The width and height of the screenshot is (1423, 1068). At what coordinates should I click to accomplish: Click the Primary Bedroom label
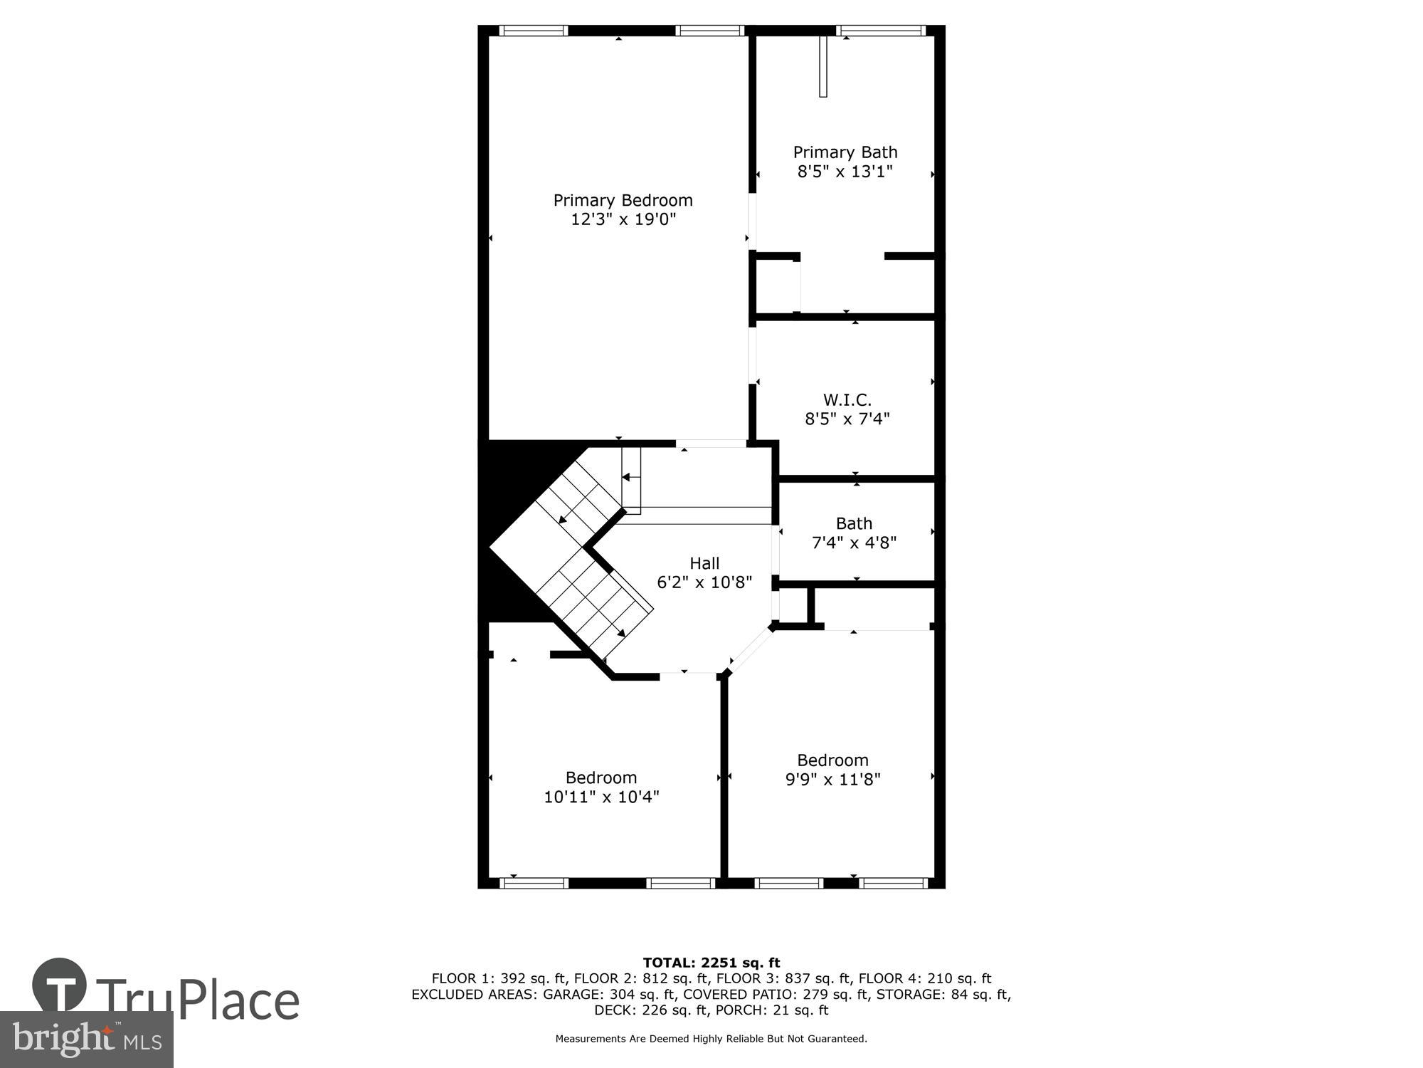pyautogui.click(x=623, y=201)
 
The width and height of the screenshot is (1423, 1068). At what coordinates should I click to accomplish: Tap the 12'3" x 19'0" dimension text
pyautogui.click(x=623, y=219)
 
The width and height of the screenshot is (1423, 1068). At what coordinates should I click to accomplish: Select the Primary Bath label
pyautogui.click(x=845, y=152)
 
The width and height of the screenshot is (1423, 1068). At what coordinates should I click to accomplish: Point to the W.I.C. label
pyautogui.click(x=847, y=400)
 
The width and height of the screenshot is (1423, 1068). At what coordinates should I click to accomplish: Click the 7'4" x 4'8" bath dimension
pyautogui.click(x=854, y=543)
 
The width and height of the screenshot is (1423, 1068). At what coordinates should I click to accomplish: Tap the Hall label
pyautogui.click(x=704, y=563)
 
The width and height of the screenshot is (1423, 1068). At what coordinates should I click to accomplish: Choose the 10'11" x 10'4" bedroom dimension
pyautogui.click(x=601, y=797)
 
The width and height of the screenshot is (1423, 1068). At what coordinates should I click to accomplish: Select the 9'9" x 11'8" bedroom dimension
pyautogui.click(x=832, y=780)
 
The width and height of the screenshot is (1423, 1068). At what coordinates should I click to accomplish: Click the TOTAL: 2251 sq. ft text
pyautogui.click(x=711, y=963)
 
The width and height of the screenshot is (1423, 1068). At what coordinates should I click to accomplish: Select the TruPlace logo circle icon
pyautogui.click(x=60, y=985)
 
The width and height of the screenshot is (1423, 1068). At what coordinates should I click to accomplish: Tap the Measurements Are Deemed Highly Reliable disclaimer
pyautogui.click(x=711, y=1039)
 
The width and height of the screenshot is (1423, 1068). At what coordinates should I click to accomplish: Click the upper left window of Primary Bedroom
pyautogui.click(x=534, y=31)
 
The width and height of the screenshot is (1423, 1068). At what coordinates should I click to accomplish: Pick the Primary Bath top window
pyautogui.click(x=881, y=31)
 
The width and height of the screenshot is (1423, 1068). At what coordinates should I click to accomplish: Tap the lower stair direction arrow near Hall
pyautogui.click(x=620, y=632)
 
